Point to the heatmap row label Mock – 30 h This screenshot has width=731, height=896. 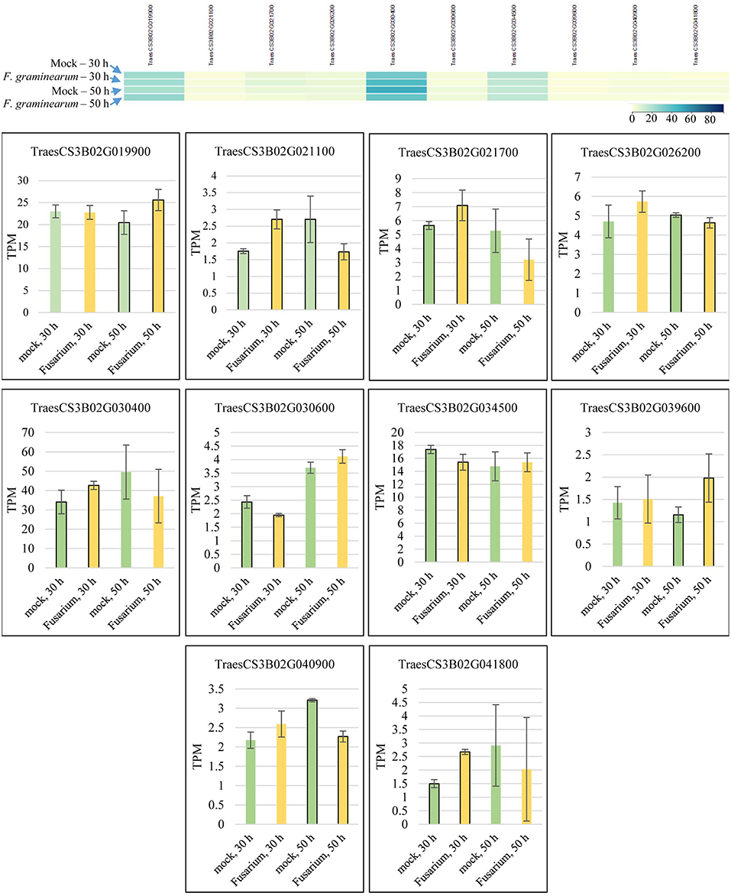pos(79,63)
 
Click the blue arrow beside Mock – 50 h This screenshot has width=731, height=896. pos(116,92)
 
